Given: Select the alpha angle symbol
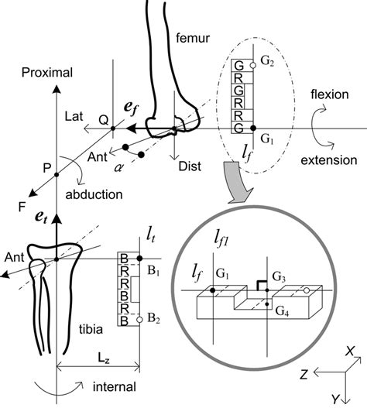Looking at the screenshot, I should (119, 165).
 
